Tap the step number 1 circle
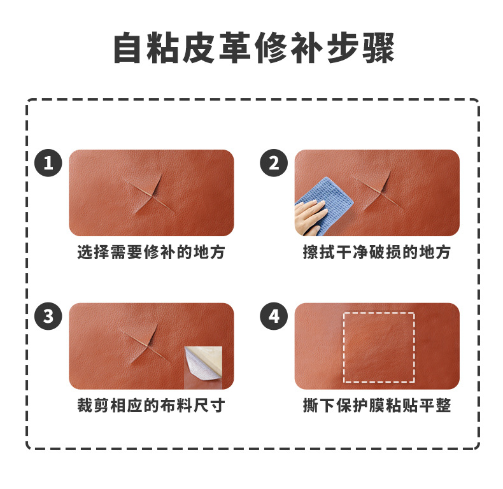[x=48, y=164]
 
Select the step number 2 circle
[x=274, y=164]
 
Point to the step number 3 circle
[x=48, y=316]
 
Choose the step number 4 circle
[x=274, y=316]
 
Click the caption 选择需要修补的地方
[x=151, y=252]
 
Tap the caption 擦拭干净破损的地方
[x=377, y=252]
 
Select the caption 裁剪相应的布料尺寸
[x=151, y=406]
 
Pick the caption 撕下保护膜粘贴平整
[x=377, y=406]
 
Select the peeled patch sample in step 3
[x=203, y=367]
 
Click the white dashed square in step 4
[x=379, y=347]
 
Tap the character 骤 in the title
[x=376, y=48]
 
